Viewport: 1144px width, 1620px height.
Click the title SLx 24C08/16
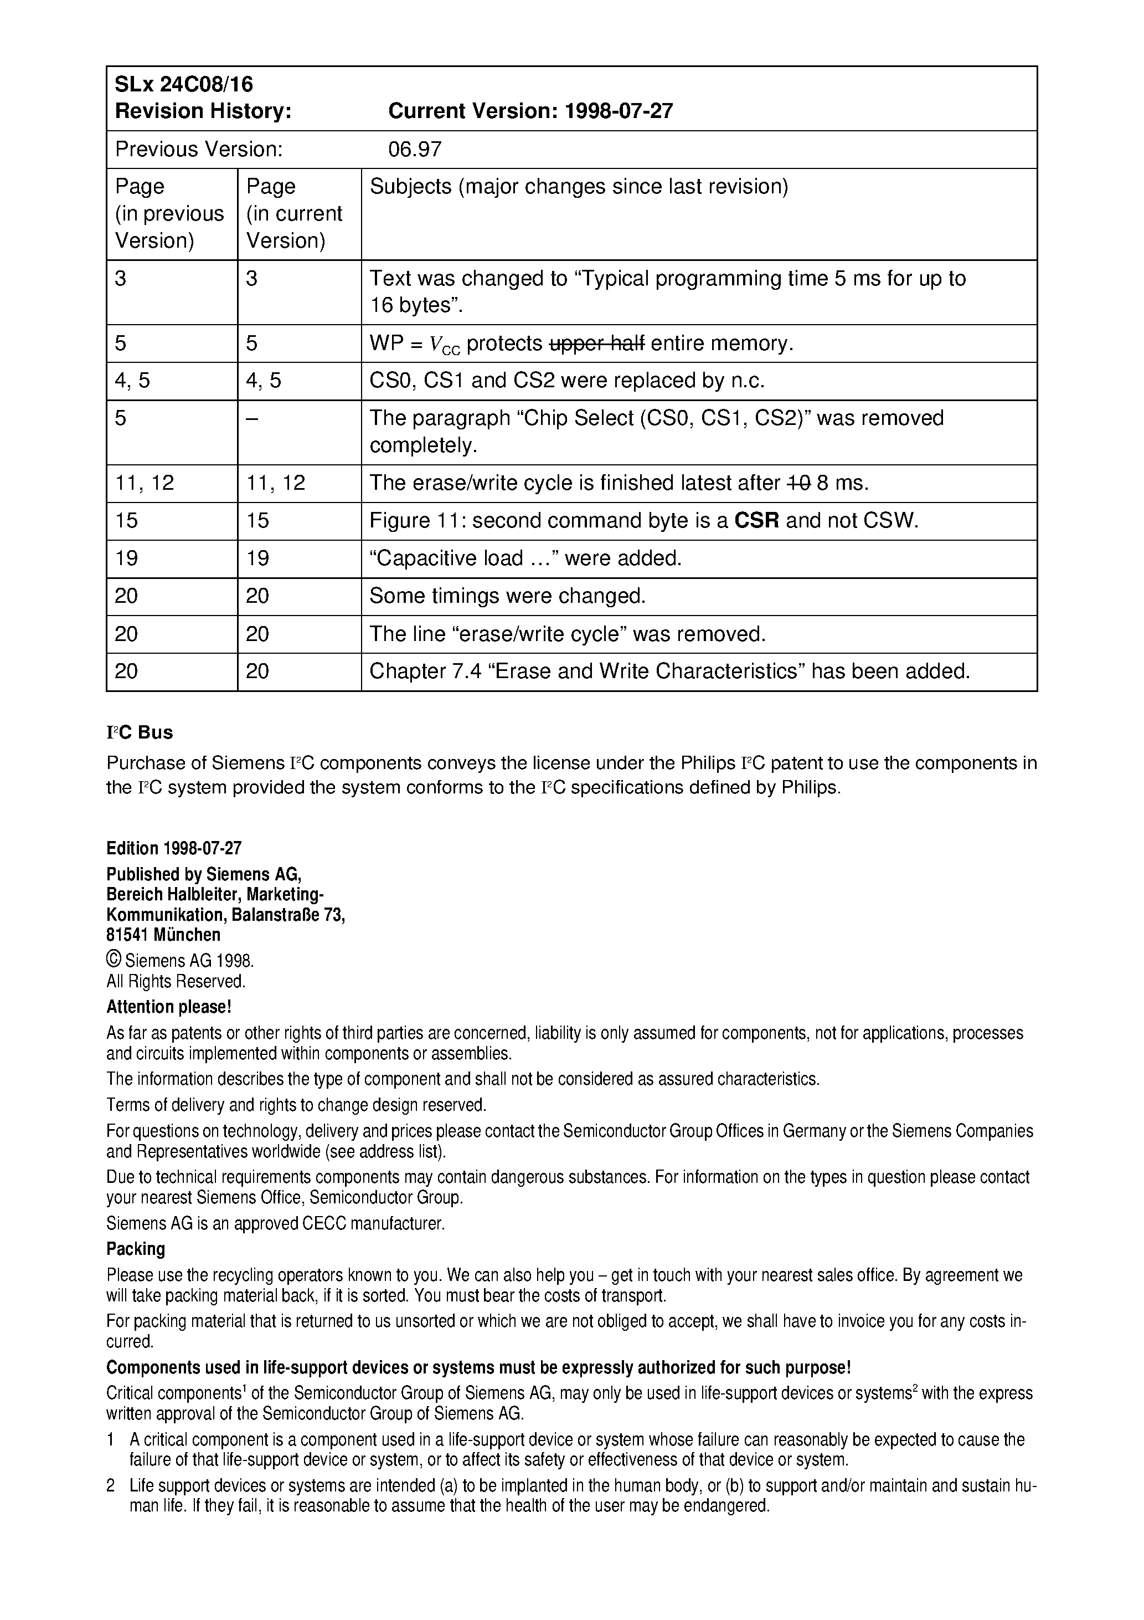183,85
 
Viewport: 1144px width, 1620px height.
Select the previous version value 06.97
415,150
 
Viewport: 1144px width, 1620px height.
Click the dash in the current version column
252,418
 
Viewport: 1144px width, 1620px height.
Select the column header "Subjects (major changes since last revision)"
578,186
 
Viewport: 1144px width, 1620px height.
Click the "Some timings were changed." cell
508,596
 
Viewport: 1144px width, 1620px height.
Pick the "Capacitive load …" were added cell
525,558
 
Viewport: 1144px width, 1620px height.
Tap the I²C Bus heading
140,732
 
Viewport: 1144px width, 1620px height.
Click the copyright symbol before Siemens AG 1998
113,960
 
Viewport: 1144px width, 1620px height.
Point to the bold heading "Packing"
136,1249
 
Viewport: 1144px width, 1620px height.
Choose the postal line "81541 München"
163,935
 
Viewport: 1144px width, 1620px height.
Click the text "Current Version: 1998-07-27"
530,111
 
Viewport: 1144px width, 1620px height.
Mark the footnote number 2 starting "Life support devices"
111,1485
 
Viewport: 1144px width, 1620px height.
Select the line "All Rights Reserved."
176,981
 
